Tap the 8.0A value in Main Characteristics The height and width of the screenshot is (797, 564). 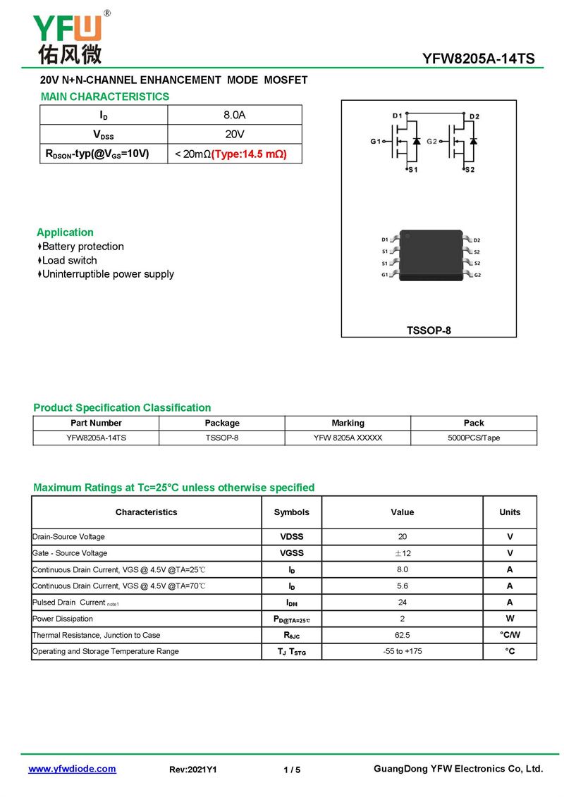click(234, 115)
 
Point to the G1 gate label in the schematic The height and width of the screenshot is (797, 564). click(375, 142)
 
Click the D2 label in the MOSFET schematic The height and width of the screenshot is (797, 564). click(474, 116)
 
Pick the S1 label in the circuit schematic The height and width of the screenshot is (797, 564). click(413, 170)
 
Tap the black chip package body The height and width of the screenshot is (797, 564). click(431, 255)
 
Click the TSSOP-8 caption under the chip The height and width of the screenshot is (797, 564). click(429, 330)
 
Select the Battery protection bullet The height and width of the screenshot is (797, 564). click(82, 247)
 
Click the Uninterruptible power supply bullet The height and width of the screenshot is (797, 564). click(108, 274)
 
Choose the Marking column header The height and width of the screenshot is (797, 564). click(348, 423)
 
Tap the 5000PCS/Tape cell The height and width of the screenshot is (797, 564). click(474, 438)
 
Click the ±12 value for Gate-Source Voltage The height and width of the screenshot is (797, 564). click(403, 553)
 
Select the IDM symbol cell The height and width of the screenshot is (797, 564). click(291, 603)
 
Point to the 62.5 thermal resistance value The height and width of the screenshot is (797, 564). click(403, 635)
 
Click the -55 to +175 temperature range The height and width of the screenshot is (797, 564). click(403, 651)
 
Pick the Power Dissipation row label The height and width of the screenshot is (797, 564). click(63, 619)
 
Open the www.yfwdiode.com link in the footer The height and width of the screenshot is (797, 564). click(72, 769)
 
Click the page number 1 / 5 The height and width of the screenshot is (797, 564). click(292, 770)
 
